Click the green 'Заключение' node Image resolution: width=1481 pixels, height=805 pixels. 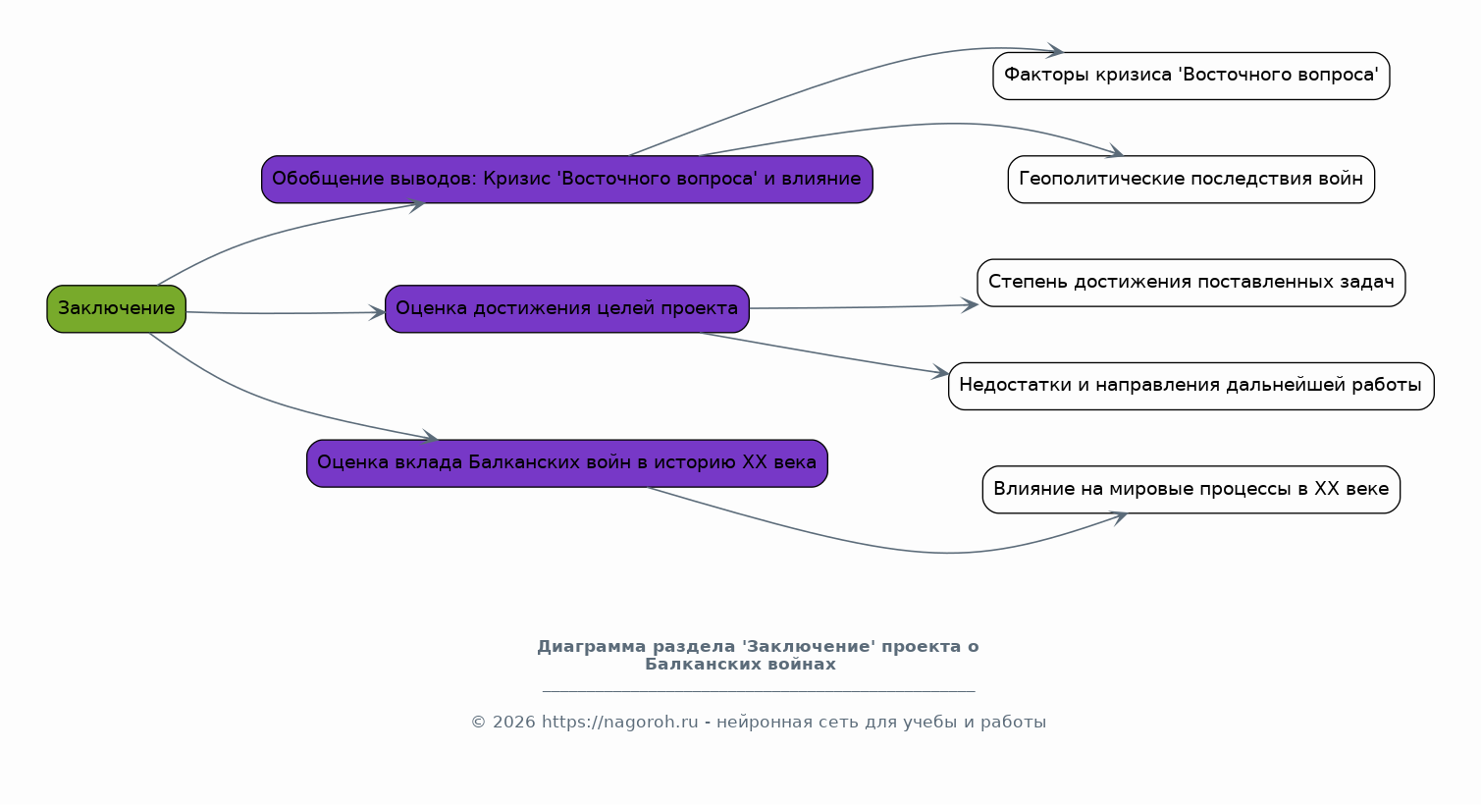[x=117, y=309]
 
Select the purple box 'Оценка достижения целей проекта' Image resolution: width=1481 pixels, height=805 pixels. [x=566, y=309]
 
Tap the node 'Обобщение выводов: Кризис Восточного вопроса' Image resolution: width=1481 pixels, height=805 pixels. [x=566, y=180]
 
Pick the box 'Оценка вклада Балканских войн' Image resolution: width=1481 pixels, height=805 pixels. [x=566, y=463]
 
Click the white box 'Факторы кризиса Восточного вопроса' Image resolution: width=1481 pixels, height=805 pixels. [x=1190, y=76]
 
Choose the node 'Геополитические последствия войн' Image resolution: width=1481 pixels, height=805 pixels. [x=1190, y=180]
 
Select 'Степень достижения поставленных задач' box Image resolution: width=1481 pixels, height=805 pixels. [x=1190, y=283]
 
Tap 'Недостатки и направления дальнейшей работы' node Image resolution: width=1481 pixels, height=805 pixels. [x=1190, y=386]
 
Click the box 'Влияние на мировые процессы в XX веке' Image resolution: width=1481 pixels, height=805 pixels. [x=1190, y=490]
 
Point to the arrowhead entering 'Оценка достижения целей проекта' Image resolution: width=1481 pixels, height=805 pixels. [x=378, y=312]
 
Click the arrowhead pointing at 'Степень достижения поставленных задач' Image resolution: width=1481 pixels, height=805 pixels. [x=970, y=305]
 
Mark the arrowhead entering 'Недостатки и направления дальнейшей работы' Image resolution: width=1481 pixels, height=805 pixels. [x=940, y=372]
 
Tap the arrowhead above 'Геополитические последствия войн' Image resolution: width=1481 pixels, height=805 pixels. [x=1115, y=151]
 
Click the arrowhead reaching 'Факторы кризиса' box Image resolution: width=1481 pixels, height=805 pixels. [x=1054, y=50]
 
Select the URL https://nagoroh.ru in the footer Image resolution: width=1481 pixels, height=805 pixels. [x=619, y=722]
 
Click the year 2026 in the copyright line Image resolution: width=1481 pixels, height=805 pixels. [x=513, y=722]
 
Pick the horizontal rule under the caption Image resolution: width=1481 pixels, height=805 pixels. [x=759, y=691]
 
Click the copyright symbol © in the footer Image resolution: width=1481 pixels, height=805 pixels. [x=478, y=722]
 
